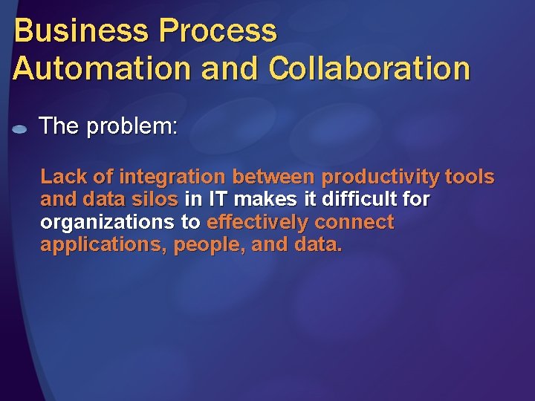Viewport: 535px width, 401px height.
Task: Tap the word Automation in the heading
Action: tap(88, 68)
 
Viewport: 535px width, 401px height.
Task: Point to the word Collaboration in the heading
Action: tap(369, 68)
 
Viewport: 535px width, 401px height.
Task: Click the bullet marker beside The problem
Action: tap(20, 128)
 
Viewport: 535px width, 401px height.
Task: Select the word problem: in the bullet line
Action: tap(132, 126)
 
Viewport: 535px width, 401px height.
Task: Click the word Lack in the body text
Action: tap(62, 177)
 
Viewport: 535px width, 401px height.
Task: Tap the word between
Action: tap(274, 177)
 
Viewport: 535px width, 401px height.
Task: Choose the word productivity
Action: tap(380, 177)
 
